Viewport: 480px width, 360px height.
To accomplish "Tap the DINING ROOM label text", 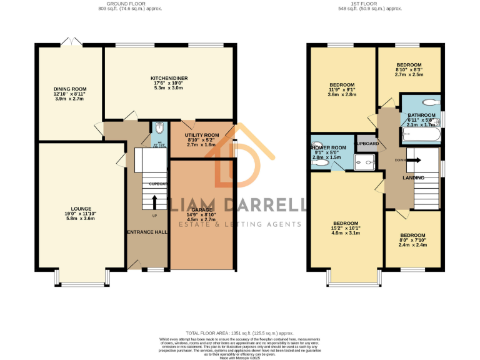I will click(69, 89).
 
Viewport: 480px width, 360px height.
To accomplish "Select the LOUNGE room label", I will click(81, 209).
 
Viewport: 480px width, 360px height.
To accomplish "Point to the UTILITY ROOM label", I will click(201, 135).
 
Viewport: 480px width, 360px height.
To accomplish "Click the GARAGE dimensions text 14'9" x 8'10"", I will click(201, 215).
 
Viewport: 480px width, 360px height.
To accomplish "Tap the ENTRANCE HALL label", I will click(146, 232).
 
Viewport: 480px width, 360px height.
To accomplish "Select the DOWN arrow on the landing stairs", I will click(415, 160).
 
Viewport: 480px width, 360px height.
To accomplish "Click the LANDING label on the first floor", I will click(413, 178).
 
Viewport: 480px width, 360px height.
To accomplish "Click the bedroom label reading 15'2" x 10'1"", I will click(346, 223).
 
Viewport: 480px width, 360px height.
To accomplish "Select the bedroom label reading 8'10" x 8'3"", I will click(409, 65).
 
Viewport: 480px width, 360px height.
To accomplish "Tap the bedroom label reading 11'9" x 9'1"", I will click(342, 85).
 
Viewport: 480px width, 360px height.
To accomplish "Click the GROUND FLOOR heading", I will click(117, 4).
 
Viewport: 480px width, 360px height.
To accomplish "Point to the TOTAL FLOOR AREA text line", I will click(239, 334).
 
